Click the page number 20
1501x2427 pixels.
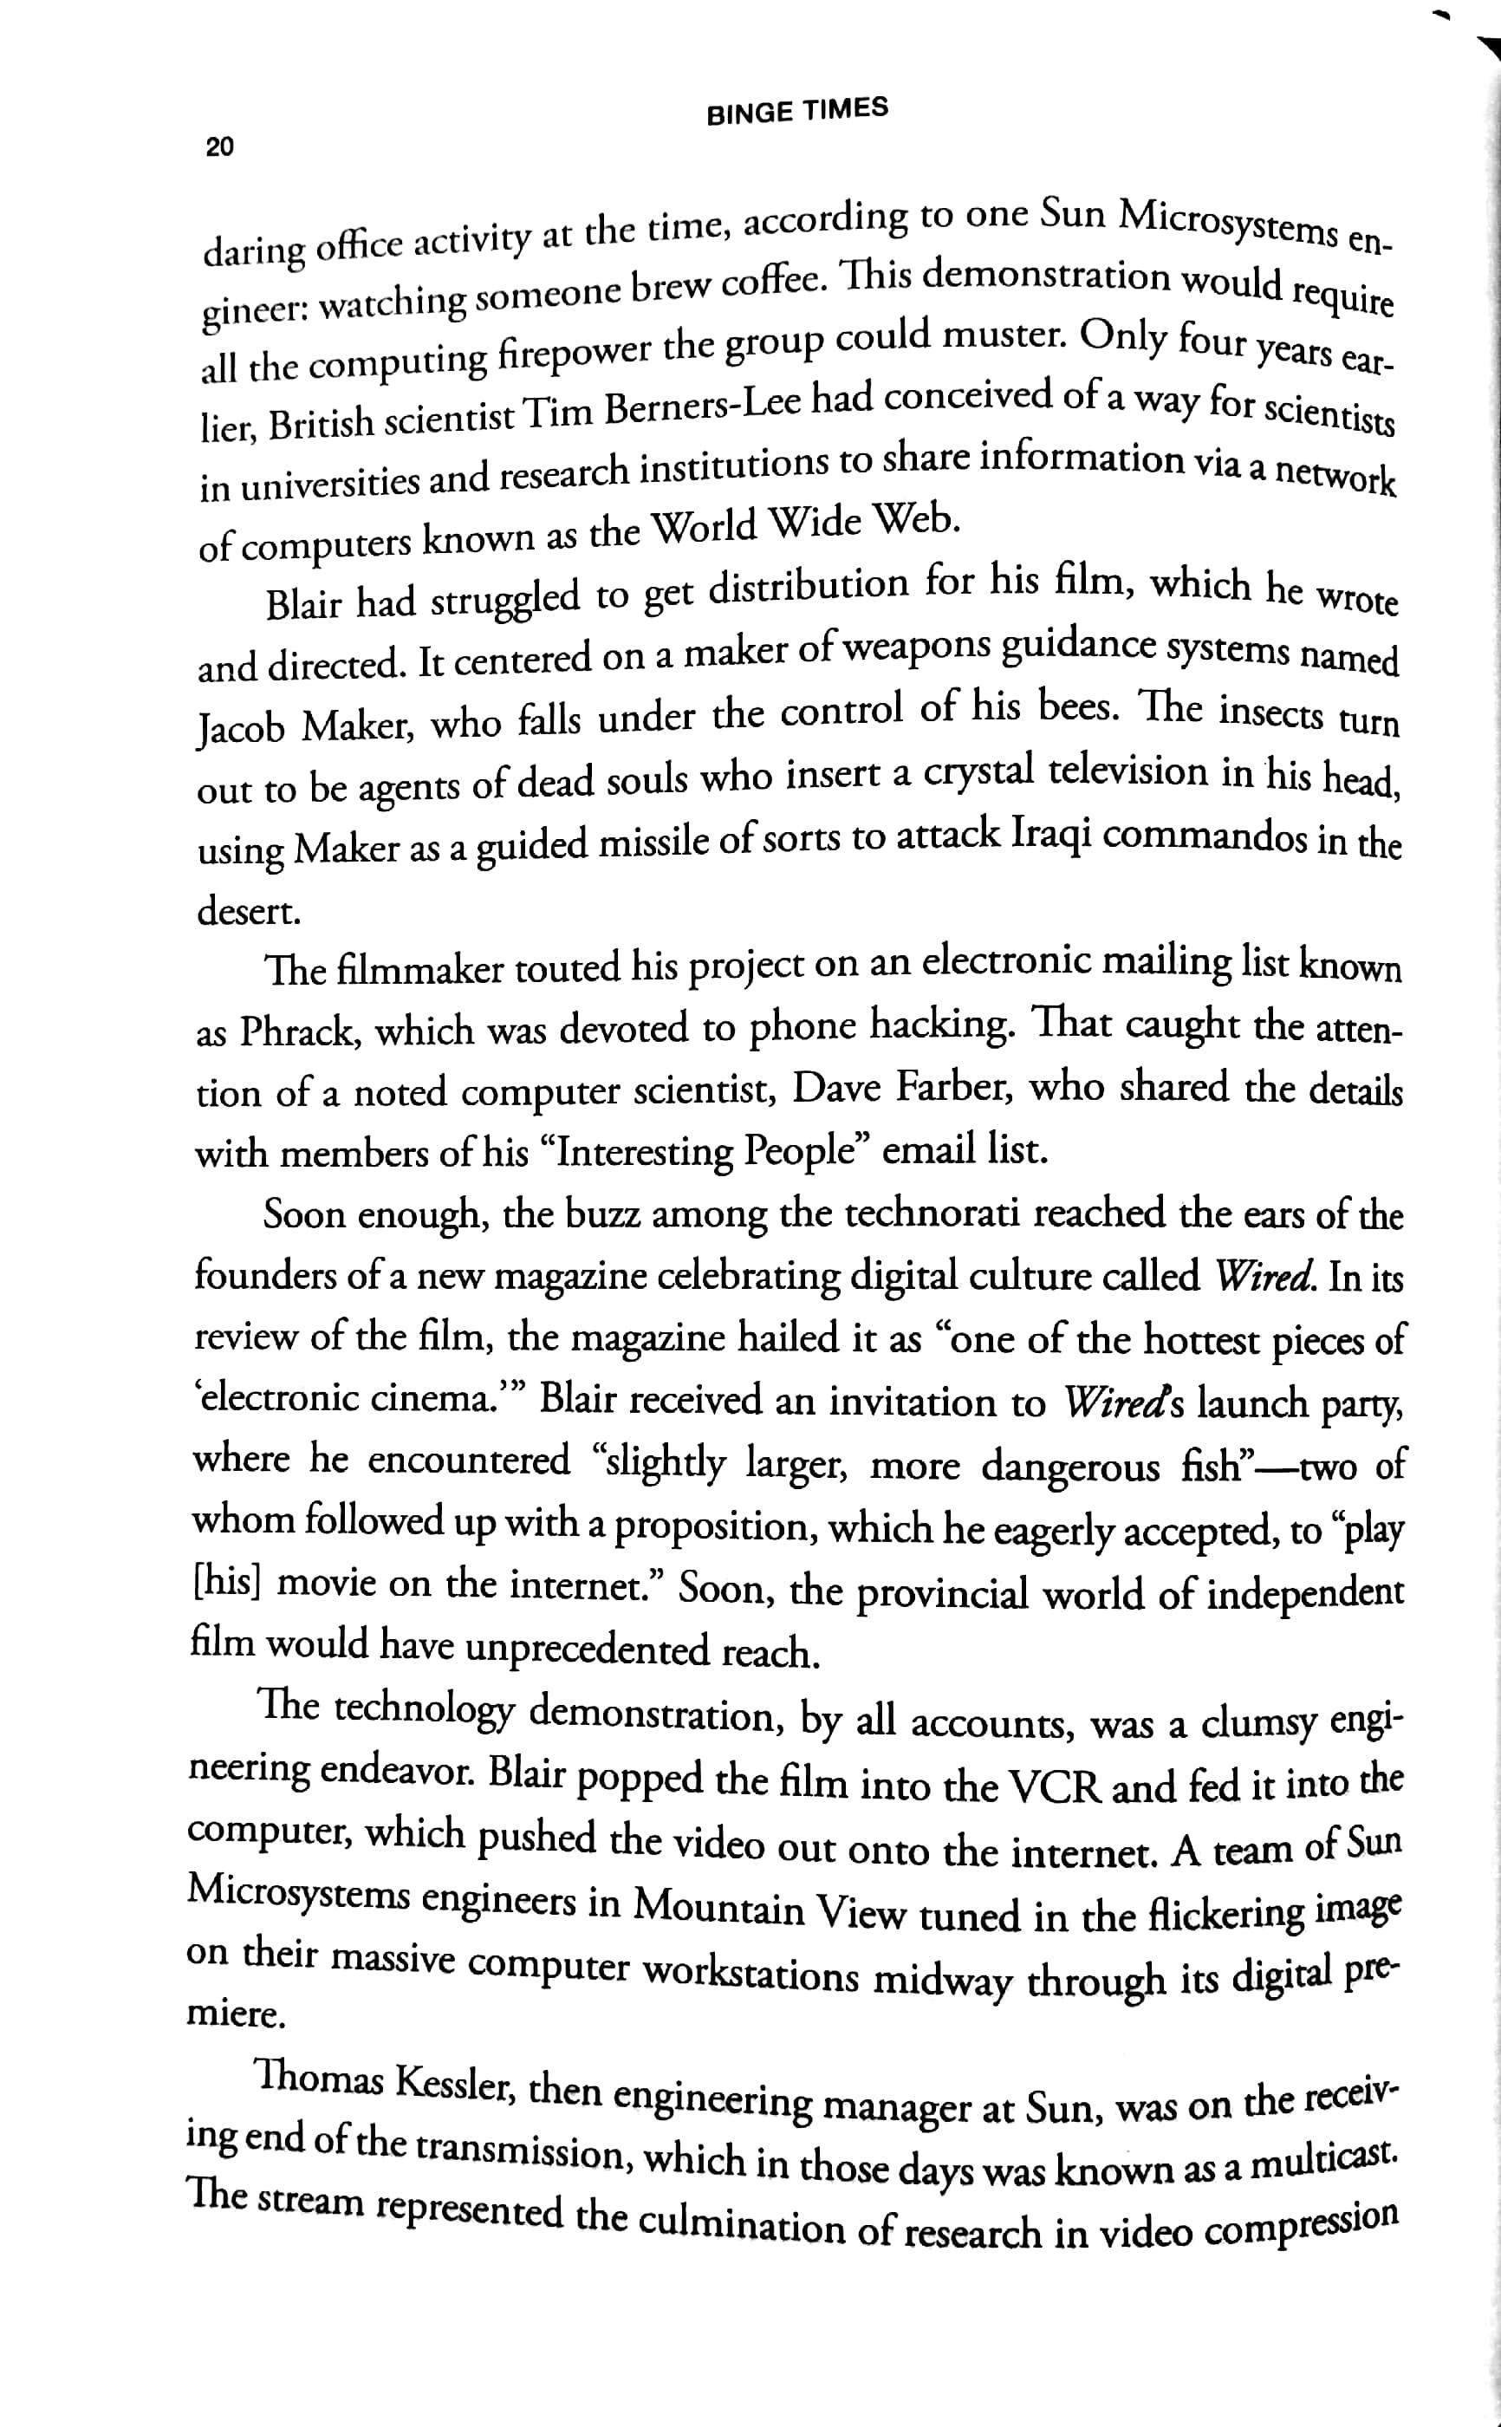tap(219, 146)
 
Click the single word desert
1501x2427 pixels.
tap(248, 911)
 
